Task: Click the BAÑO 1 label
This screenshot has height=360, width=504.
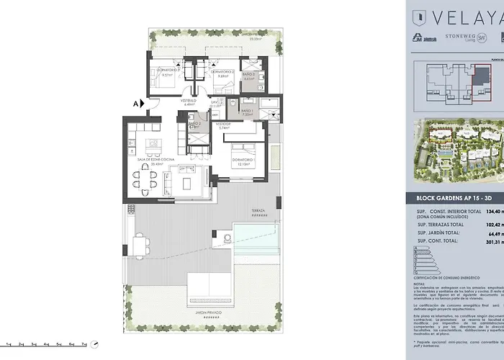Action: (x=246, y=111)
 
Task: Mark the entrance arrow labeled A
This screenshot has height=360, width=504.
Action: (x=138, y=104)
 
